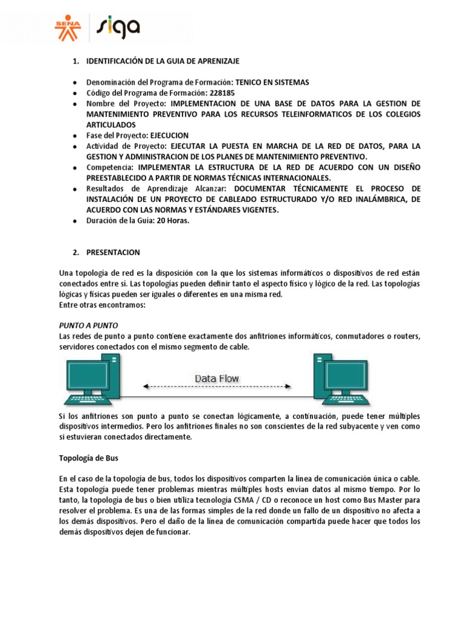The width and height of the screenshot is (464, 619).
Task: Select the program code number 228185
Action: click(222, 93)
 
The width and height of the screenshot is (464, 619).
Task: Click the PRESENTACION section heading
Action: click(113, 252)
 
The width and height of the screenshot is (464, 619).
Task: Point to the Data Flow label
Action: click(216, 378)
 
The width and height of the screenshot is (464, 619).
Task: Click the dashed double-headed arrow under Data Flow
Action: click(216, 386)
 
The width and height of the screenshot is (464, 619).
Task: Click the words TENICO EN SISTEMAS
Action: click(272, 82)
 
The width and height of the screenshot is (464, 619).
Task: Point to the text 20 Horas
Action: click(173, 221)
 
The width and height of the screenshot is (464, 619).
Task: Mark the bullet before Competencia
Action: click(74, 167)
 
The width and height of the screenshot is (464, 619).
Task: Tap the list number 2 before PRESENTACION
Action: click(76, 252)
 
